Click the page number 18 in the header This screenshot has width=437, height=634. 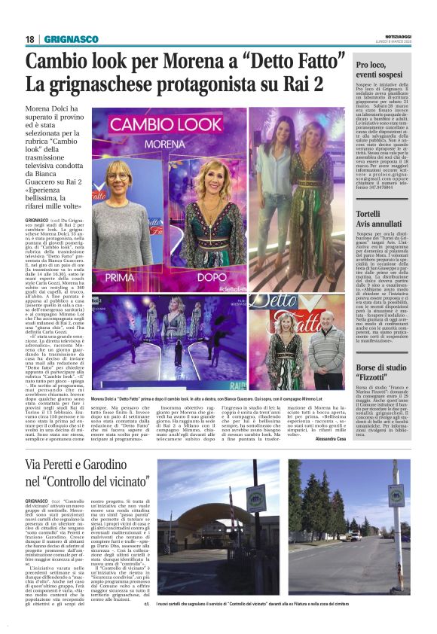pyautogui.click(x=30, y=39)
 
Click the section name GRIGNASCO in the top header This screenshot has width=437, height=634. pyautogui.click(x=72, y=39)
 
